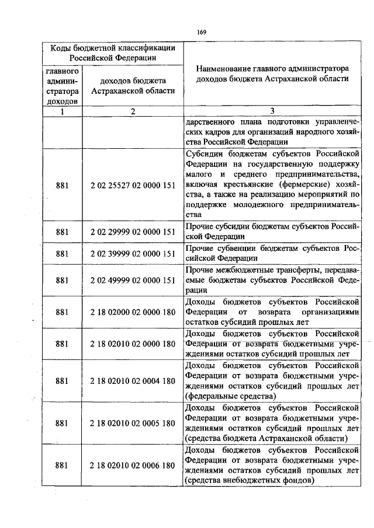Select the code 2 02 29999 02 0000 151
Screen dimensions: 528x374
pyautogui.click(x=133, y=232)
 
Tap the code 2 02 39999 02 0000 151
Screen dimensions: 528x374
pyautogui.click(x=133, y=254)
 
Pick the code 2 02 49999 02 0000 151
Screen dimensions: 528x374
pyautogui.click(x=133, y=280)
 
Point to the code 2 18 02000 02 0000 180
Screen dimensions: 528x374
pyautogui.click(x=133, y=312)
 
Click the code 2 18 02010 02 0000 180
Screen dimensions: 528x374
pyautogui.click(x=133, y=344)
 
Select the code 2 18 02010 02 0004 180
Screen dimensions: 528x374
pyautogui.click(x=133, y=381)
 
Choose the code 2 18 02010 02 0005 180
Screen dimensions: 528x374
pyautogui.click(x=133, y=423)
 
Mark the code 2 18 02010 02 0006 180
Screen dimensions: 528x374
pyautogui.click(x=133, y=466)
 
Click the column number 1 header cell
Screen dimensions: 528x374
pyautogui.click(x=62, y=111)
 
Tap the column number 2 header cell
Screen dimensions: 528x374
pyautogui.click(x=133, y=111)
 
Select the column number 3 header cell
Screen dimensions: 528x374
pyautogui.click(x=272, y=111)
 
